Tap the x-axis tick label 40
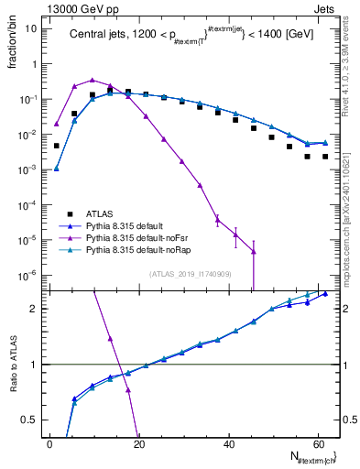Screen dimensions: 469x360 click(x=228, y=443)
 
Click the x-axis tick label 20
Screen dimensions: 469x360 click(x=138, y=443)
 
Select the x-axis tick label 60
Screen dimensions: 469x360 click(x=317, y=443)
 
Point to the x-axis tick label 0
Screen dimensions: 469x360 click(x=49, y=443)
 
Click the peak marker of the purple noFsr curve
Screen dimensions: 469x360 click(x=92, y=80)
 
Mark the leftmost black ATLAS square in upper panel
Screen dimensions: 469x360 click(x=56, y=146)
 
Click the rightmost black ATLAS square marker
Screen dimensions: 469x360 click(x=325, y=157)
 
